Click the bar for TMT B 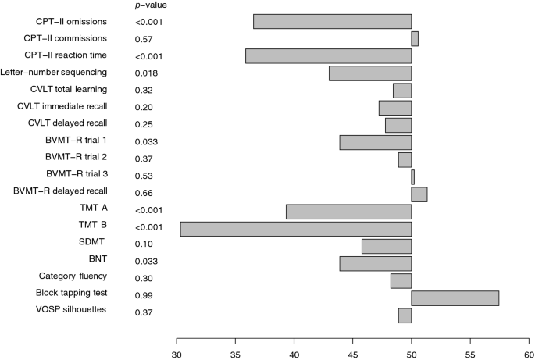(295, 229)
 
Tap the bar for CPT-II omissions (332, 21)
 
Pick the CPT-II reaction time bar (328, 55)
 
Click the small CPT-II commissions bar (415, 38)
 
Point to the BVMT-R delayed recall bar (419, 194)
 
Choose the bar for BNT (376, 263)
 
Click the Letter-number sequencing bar (370, 73)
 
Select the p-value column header (151, 5)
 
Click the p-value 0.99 (145, 297)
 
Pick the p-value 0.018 (147, 73)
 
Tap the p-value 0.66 (145, 194)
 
